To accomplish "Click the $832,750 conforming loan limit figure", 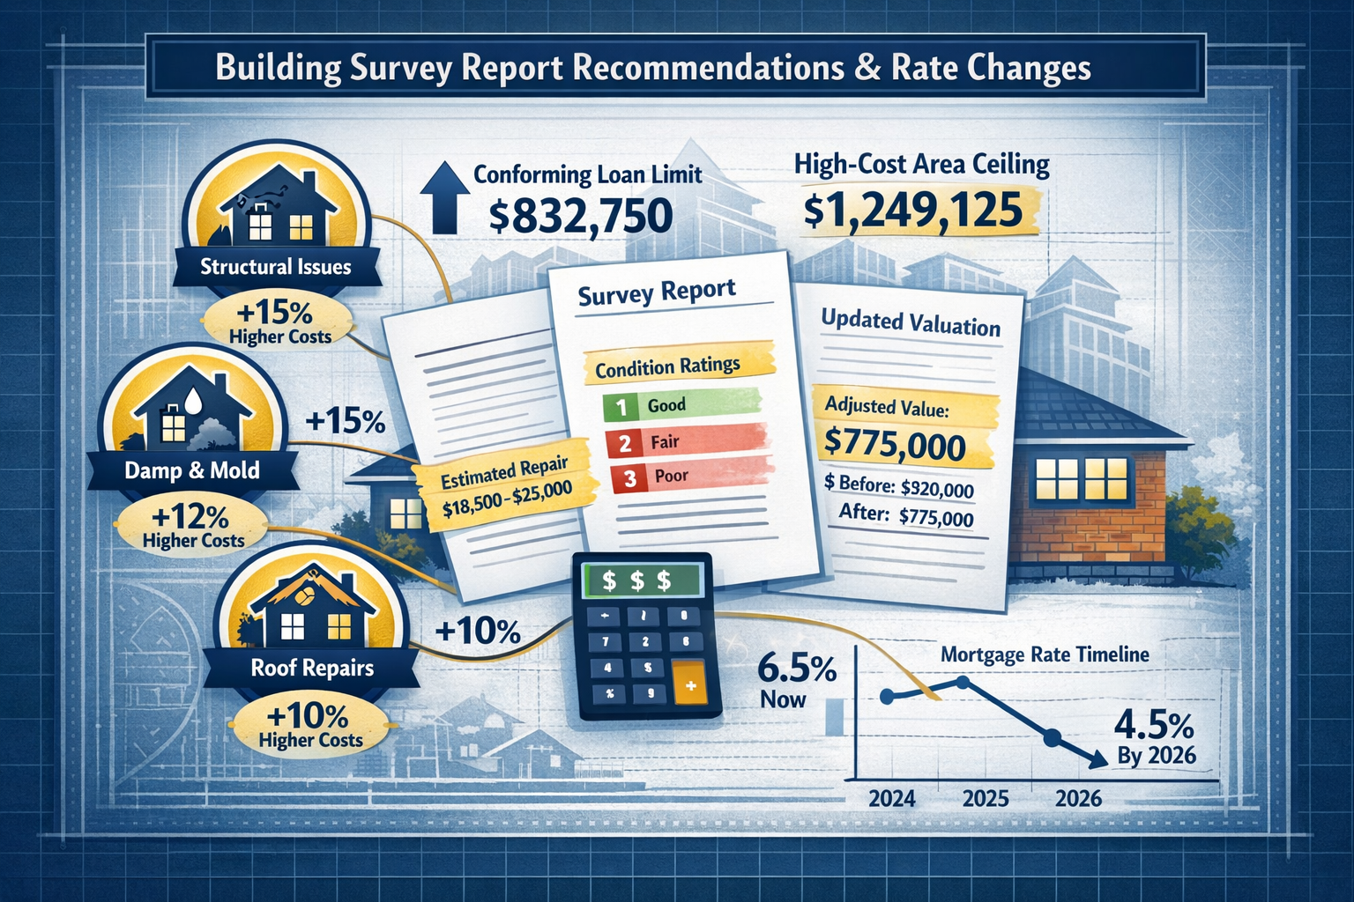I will click(x=580, y=217).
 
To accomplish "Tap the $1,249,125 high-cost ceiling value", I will click(x=913, y=211).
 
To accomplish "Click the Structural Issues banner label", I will click(x=275, y=267).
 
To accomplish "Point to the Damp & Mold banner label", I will click(x=192, y=470).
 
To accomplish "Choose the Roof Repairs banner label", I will click(x=312, y=668).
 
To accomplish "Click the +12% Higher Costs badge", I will click(x=192, y=526).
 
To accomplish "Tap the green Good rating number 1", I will click(x=621, y=407).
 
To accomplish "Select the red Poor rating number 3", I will click(x=629, y=478).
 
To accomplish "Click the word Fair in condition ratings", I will click(x=665, y=441).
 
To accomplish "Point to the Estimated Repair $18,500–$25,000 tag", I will click(x=505, y=490).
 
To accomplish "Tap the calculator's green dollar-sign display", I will click(x=636, y=580).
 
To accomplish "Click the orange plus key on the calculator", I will click(x=689, y=685).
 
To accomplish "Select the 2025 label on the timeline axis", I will click(x=985, y=799).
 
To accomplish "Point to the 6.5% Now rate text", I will click(x=796, y=682).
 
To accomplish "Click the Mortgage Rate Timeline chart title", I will click(x=1045, y=654).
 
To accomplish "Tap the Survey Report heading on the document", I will click(x=657, y=292).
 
